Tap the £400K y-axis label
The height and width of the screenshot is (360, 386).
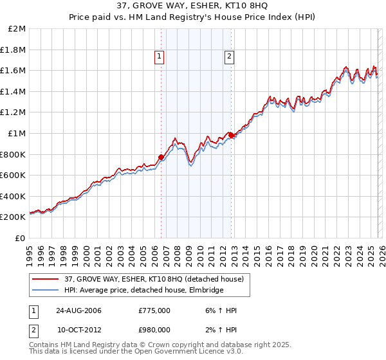[x=14, y=196]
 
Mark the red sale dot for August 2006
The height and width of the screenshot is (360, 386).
[x=161, y=157]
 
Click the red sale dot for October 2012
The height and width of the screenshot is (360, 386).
[x=230, y=135]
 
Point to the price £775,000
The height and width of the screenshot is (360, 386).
[x=154, y=310]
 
